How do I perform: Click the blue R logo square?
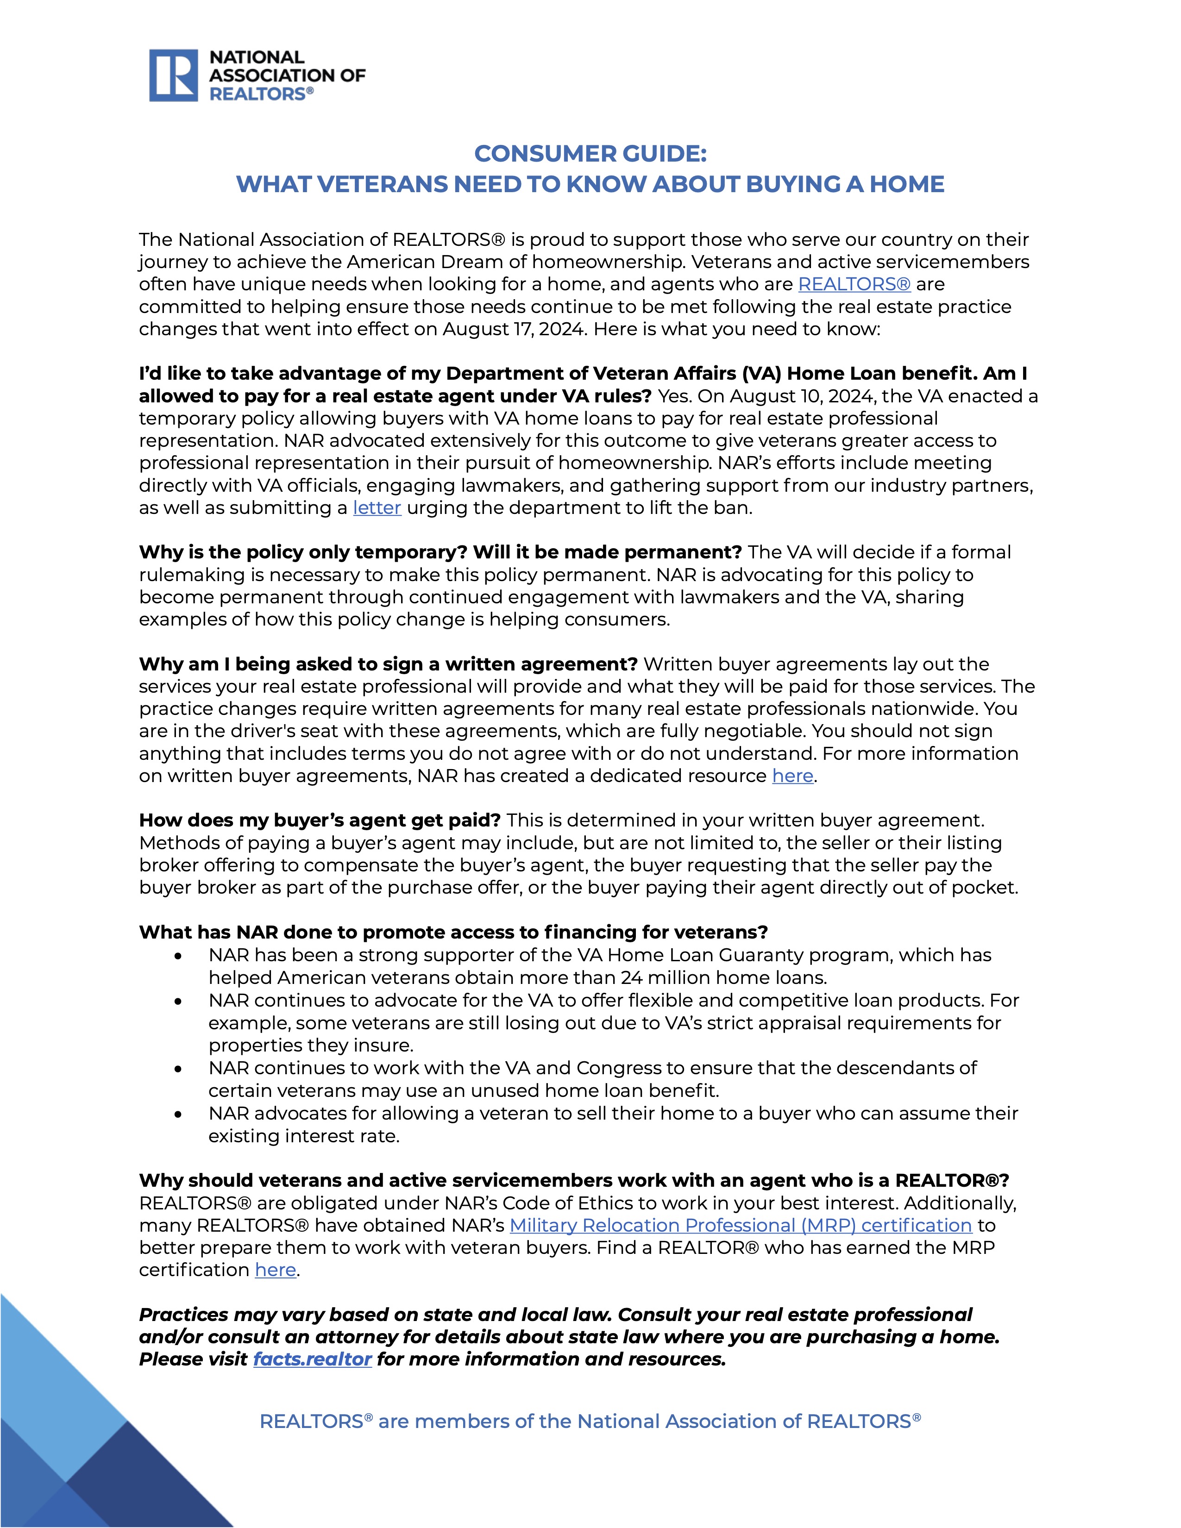point(174,75)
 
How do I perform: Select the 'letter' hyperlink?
point(377,508)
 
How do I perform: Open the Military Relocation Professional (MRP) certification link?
point(740,1225)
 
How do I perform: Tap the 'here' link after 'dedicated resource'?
point(792,776)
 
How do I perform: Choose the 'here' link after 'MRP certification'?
point(275,1270)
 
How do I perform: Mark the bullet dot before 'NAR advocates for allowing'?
point(179,1114)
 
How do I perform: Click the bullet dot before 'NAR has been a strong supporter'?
point(179,956)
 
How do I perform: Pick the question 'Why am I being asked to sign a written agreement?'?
point(388,664)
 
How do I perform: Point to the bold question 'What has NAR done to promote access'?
point(452,932)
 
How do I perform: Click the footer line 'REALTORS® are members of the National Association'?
point(590,1421)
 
